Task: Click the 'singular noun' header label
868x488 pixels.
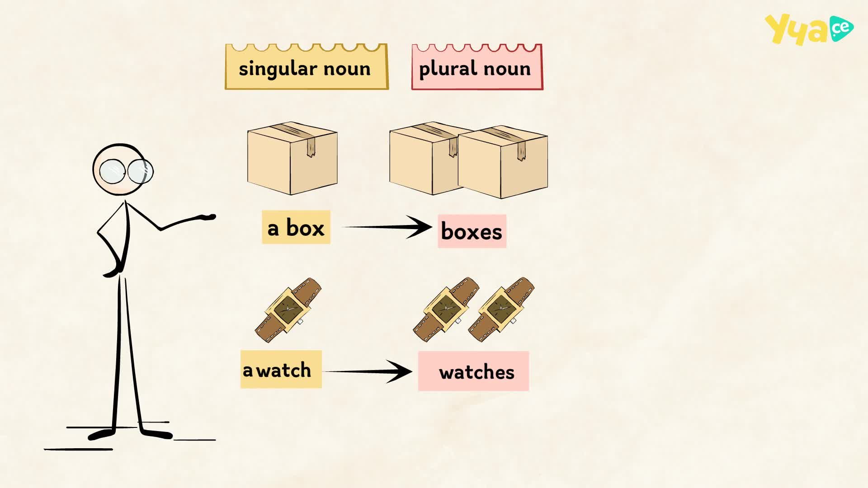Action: point(307,66)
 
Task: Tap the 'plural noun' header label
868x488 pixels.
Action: point(477,67)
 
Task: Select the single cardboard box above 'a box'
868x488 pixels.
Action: point(292,158)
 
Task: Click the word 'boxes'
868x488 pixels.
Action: point(472,231)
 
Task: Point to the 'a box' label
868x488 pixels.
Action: point(296,227)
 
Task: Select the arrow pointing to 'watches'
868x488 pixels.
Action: point(368,371)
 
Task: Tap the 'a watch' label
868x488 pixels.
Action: point(281,369)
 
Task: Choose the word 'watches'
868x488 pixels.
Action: point(476,372)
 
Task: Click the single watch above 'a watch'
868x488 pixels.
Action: point(288,310)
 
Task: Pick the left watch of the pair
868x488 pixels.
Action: point(445,310)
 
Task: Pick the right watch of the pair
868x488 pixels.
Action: point(501,310)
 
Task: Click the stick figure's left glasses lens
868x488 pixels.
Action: point(112,171)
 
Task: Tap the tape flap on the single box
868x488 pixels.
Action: point(311,147)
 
